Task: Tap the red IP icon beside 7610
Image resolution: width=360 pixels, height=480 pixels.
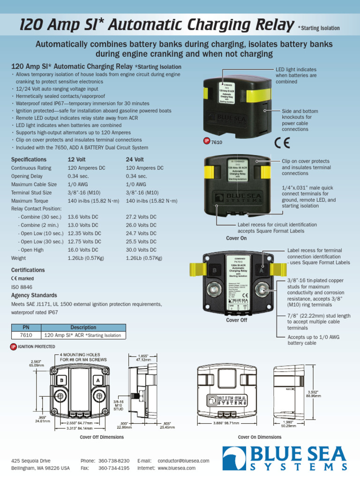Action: click(x=206, y=141)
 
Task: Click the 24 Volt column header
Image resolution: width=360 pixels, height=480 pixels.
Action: click(x=135, y=159)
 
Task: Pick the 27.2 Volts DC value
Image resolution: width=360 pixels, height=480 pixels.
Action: click(x=141, y=217)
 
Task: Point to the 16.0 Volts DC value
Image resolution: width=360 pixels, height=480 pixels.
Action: click(x=83, y=250)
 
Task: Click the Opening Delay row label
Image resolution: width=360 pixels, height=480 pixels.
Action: click(x=27, y=176)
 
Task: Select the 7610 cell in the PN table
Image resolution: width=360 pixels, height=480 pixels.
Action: click(x=26, y=335)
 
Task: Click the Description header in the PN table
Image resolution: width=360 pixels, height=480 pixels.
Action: click(x=83, y=327)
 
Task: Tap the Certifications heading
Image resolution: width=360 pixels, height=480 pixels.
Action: click(x=28, y=270)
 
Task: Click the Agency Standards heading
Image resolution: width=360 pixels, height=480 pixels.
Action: click(x=34, y=295)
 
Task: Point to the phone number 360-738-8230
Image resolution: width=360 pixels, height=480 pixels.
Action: click(x=114, y=461)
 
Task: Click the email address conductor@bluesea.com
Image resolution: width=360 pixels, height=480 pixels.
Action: click(x=183, y=461)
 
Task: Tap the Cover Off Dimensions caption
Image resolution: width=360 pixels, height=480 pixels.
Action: click(x=102, y=437)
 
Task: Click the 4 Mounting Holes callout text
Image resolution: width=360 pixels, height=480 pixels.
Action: click(x=83, y=357)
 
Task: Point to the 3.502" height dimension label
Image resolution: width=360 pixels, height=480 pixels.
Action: click(x=314, y=393)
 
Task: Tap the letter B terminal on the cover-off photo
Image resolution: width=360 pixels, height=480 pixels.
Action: click(x=215, y=270)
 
